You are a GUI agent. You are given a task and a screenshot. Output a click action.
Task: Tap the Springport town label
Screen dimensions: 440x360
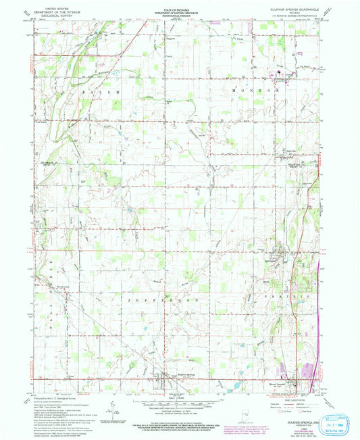(x=272, y=260)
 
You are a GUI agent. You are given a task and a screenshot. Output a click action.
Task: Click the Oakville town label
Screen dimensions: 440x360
(x=289, y=151)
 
